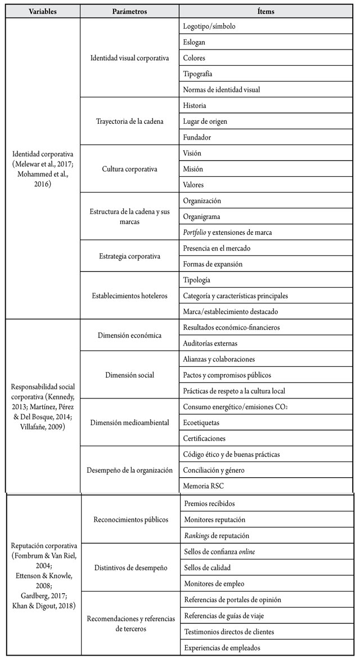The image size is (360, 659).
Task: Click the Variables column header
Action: coord(42,11)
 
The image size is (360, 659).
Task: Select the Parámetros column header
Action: coord(129,11)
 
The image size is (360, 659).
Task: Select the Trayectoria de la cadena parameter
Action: coord(129,121)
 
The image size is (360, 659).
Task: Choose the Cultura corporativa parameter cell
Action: coord(129,169)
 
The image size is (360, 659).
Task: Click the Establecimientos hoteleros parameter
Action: coord(129,295)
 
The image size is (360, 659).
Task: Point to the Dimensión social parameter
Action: coord(129,375)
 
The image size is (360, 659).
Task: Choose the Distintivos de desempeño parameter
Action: coord(129,568)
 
